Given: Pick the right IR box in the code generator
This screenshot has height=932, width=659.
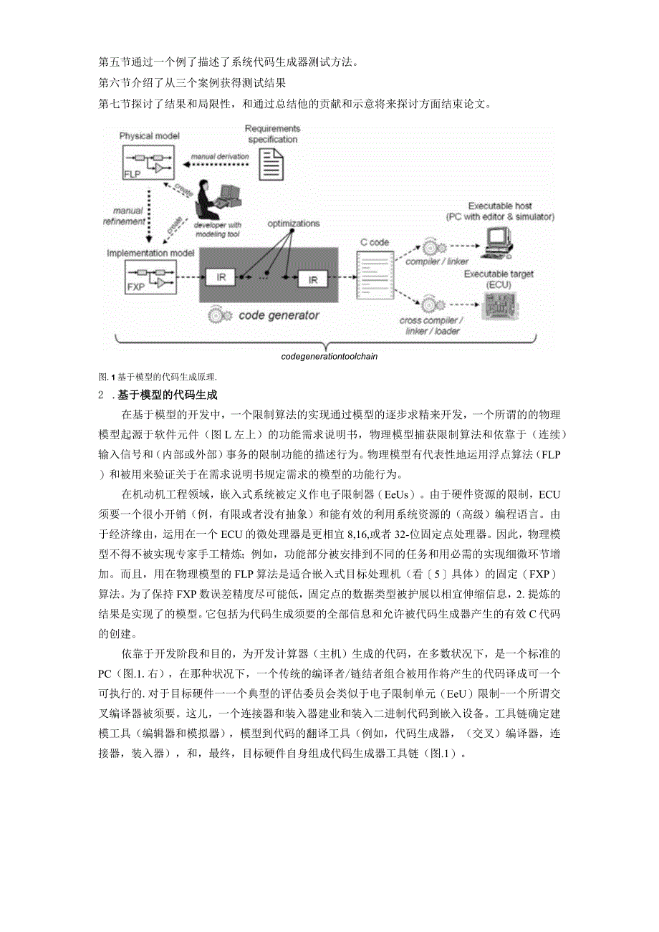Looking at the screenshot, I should coord(312,279).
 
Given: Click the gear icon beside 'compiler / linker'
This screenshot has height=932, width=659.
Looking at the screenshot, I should coord(430,247).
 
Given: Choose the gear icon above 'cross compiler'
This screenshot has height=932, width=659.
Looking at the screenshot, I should coord(430,303).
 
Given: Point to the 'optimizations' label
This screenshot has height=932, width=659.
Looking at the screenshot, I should coord(294,224).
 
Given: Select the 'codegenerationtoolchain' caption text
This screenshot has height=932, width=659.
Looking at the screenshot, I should coord(329,355).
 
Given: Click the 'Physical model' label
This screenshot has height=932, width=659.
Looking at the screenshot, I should coord(150,135).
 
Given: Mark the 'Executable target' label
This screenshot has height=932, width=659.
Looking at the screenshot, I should coord(499,274).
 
